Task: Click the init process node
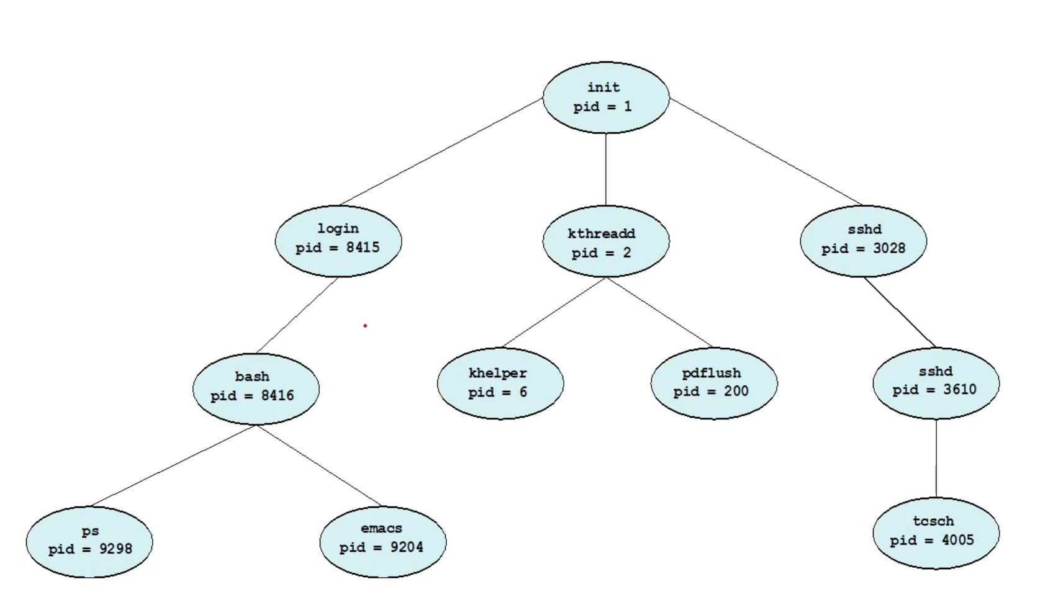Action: click(x=605, y=97)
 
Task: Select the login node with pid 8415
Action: click(x=338, y=241)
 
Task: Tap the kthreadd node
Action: click(x=605, y=241)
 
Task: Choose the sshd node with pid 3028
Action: click(x=863, y=241)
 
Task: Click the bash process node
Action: click(x=256, y=388)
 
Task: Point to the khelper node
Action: click(x=500, y=383)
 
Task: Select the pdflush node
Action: click(x=713, y=383)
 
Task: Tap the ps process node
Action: click(x=89, y=542)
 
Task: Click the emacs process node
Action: click(x=382, y=542)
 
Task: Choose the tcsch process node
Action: click(x=936, y=532)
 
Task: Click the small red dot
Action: click(x=365, y=325)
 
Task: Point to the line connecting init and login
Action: click(x=441, y=151)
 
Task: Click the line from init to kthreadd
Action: click(x=606, y=169)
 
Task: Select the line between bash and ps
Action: click(x=174, y=465)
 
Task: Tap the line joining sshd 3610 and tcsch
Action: click(x=936, y=458)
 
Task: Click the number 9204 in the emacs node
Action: click(x=406, y=547)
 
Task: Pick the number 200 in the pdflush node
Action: click(x=736, y=392)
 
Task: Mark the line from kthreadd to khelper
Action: click(x=554, y=312)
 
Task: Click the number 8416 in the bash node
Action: click(x=277, y=395)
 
